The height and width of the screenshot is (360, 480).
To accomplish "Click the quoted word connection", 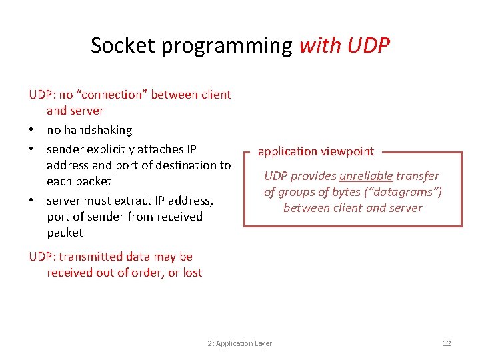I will [111, 95].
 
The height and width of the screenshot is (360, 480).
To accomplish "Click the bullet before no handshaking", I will [32, 130].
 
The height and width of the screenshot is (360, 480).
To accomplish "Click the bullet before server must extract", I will [32, 201].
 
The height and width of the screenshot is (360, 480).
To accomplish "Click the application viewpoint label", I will [316, 151].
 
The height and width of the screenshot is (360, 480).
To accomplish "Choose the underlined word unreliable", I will [366, 176].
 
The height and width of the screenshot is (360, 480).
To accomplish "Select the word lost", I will [191, 273].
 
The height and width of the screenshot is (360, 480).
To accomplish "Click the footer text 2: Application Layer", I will [239, 343].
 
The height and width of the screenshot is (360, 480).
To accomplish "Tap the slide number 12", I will [447, 343].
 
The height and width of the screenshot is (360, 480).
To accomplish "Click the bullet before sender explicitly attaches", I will [32, 149].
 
